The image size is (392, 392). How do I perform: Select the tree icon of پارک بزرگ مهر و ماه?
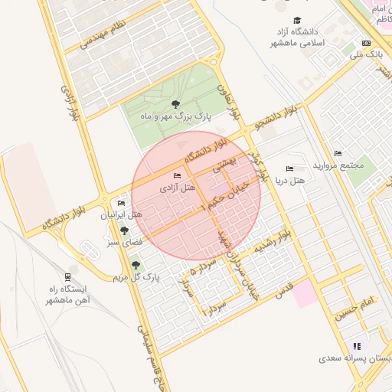point(176,104)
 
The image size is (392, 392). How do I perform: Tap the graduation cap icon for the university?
point(297,21)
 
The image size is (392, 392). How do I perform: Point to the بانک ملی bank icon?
point(366,44)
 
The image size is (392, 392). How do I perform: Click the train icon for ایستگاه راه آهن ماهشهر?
point(68,276)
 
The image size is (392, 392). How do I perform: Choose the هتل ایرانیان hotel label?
point(122,215)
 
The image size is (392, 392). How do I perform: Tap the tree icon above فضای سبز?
point(123,230)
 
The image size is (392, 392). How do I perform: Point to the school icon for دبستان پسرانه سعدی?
point(356,346)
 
